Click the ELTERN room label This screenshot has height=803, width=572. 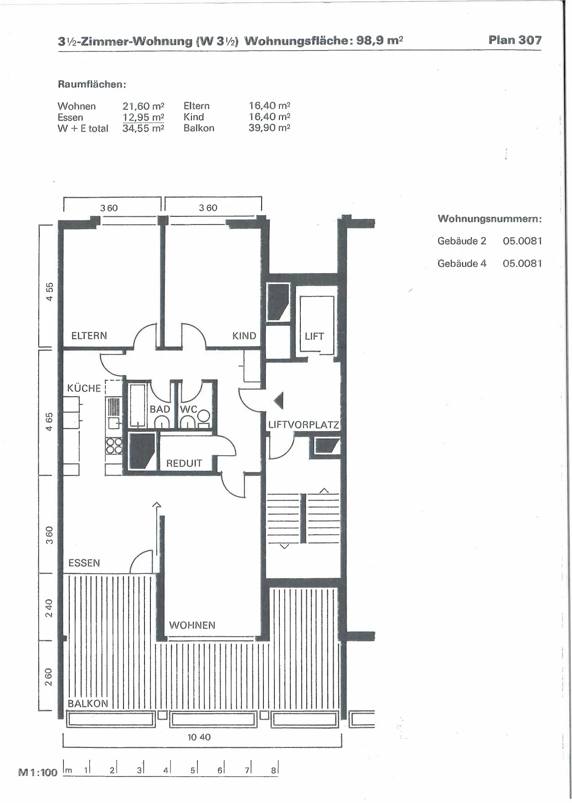89,336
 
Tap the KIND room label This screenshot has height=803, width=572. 244,336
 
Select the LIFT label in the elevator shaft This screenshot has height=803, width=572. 314,336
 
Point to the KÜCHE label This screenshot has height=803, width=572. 84,388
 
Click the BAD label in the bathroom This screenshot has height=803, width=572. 160,409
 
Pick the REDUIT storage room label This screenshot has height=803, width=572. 184,463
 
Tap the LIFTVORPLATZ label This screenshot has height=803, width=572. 304,425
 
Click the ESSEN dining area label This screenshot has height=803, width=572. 84,563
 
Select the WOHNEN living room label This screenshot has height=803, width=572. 192,625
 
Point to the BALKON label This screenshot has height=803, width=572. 88,703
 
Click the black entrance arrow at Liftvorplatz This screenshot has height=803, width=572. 278,401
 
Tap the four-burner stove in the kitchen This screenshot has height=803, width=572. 114,445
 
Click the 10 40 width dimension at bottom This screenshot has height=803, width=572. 199,737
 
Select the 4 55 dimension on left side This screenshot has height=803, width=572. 49,292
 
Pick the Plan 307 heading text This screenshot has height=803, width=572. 515,40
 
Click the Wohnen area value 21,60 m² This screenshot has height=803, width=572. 143,106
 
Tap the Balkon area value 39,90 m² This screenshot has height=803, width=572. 269,128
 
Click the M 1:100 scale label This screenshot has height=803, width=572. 38,772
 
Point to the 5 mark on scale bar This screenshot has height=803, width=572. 193,770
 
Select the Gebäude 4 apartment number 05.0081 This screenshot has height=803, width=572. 522,263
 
